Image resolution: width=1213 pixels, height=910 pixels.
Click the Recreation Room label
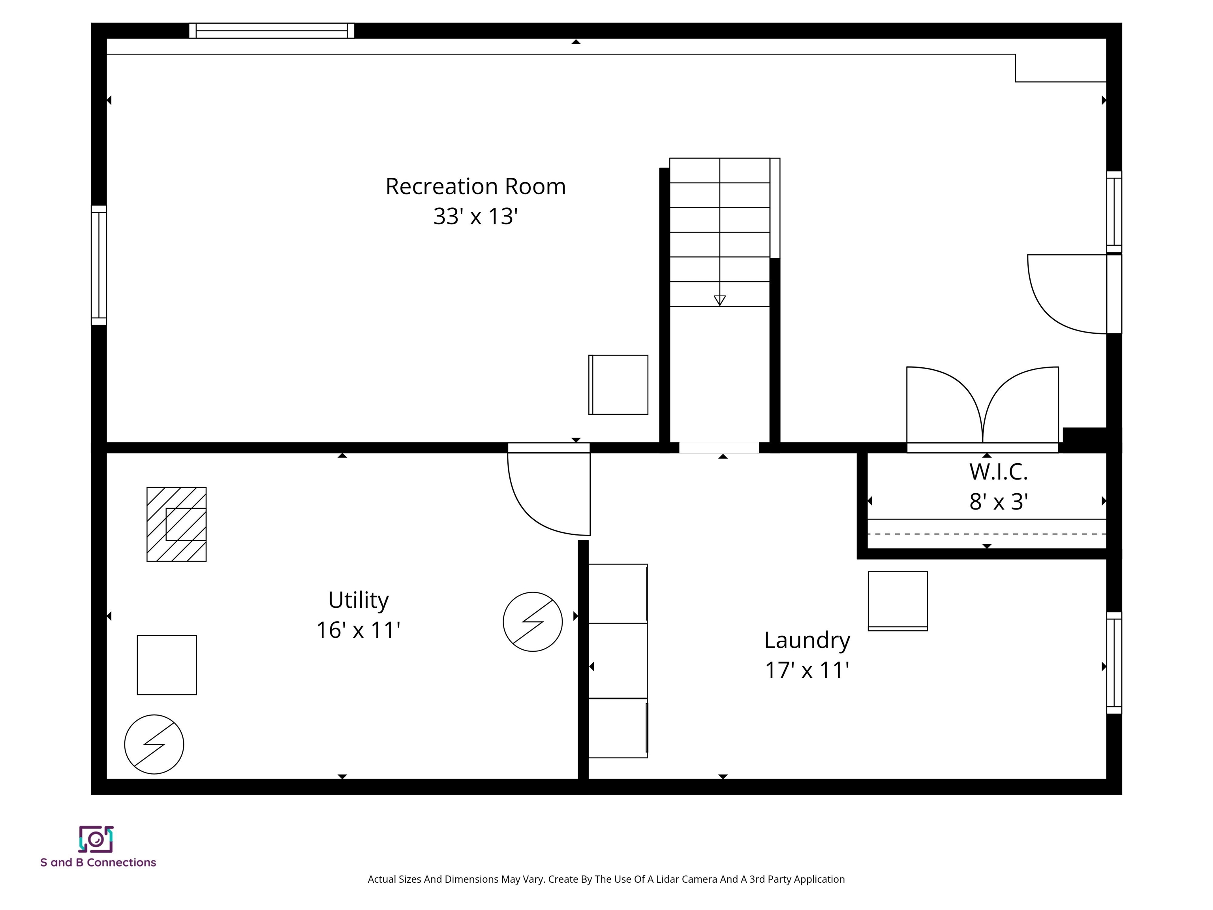click(x=475, y=186)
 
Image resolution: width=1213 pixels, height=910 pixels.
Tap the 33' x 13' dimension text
click(x=475, y=216)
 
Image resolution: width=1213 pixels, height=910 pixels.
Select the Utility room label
click(x=358, y=600)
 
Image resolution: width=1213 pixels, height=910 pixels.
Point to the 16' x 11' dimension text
click(x=358, y=630)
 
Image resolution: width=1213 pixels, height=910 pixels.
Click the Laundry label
click(x=807, y=640)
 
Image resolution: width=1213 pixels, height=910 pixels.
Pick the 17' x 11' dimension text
click(x=807, y=670)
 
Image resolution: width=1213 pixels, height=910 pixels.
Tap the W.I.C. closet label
click(x=998, y=472)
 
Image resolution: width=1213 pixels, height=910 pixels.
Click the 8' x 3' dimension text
click(x=998, y=501)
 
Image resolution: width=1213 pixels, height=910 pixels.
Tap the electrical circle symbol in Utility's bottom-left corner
click(x=154, y=745)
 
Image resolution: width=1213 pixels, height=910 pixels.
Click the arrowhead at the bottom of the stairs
click(x=719, y=300)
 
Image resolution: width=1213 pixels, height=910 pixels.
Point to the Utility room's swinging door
click(x=548, y=494)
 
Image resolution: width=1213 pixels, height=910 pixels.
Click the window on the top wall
click(x=271, y=31)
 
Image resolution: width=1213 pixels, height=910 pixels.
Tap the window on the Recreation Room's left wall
click(x=99, y=265)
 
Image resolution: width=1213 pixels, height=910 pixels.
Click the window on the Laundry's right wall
click(x=1114, y=663)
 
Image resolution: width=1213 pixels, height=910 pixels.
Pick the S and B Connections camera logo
click(x=96, y=839)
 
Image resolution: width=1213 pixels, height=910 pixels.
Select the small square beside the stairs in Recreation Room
click(x=618, y=385)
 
